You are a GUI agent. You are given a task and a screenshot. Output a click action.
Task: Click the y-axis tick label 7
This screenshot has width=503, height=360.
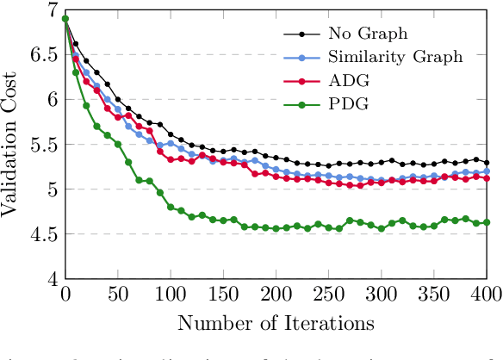(x=50, y=9)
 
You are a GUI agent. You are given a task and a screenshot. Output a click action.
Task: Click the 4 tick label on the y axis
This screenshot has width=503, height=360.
(x=50, y=280)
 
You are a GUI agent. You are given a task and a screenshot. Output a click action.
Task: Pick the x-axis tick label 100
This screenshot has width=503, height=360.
(x=171, y=296)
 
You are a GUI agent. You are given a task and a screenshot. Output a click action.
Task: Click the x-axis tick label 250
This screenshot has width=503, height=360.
(x=328, y=296)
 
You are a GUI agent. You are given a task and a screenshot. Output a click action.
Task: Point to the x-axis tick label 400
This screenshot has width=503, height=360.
(x=486, y=296)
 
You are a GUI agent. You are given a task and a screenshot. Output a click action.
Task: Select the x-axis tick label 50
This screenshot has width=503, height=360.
(x=118, y=296)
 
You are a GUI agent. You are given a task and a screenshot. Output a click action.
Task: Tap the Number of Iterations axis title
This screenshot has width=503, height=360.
(x=276, y=325)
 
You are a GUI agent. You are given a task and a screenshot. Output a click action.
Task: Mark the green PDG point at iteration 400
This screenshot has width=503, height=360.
(x=486, y=222)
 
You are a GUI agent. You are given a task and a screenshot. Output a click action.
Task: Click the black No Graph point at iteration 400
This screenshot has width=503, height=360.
(x=486, y=163)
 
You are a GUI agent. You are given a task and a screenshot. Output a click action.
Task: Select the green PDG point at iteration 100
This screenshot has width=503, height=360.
(x=171, y=207)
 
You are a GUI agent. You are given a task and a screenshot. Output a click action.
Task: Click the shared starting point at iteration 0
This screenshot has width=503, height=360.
(x=65, y=18)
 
